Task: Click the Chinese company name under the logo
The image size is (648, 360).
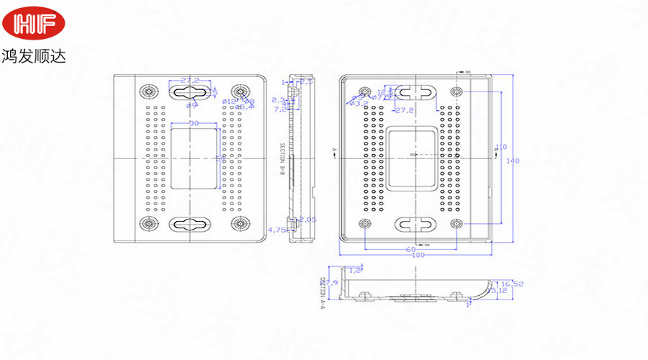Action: point(34,55)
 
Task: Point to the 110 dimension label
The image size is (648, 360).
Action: point(502,146)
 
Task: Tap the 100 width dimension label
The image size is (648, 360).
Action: point(418,255)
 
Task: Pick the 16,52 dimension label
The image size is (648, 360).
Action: point(512,284)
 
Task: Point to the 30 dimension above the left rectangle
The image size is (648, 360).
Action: point(194,123)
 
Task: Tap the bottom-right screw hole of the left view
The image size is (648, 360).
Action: point(239,223)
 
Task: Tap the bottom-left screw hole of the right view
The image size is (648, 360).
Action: point(365,223)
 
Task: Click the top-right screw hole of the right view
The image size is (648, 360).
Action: point(456,92)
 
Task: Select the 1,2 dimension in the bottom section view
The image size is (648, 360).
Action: point(355,269)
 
